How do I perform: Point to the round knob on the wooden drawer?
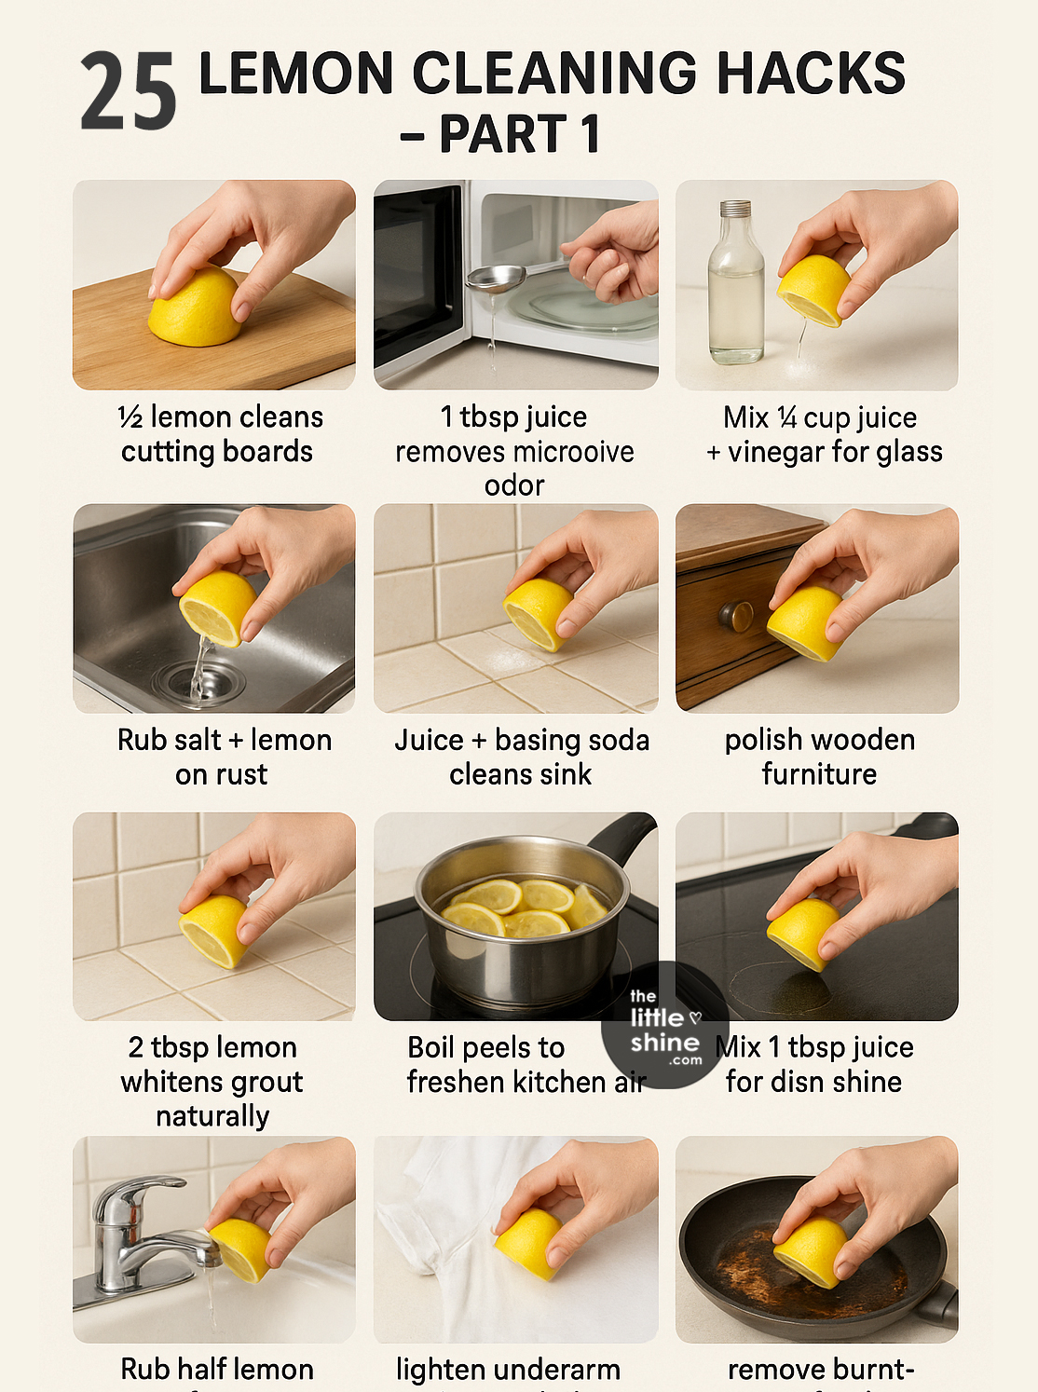[x=736, y=616]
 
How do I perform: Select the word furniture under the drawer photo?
[x=819, y=774]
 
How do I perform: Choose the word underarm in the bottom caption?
[x=563, y=1370]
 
